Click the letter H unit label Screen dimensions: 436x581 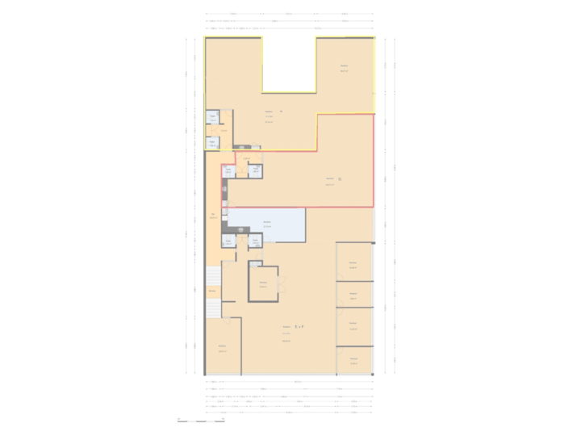tap(281, 111)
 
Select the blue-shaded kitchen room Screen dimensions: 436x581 tap(266, 224)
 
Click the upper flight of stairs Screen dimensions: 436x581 tap(213, 275)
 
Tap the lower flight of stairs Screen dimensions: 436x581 tap(213, 308)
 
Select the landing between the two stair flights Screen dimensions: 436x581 tap(213, 291)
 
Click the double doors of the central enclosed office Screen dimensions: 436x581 tap(280, 283)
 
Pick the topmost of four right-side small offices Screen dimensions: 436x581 tap(353, 262)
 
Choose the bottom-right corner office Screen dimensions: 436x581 tap(353, 359)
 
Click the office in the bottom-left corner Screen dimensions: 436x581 tap(221, 348)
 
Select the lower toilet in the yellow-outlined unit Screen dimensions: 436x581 tap(213, 143)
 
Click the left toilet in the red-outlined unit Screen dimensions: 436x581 tap(229, 170)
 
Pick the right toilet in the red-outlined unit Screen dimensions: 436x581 tap(254, 170)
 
